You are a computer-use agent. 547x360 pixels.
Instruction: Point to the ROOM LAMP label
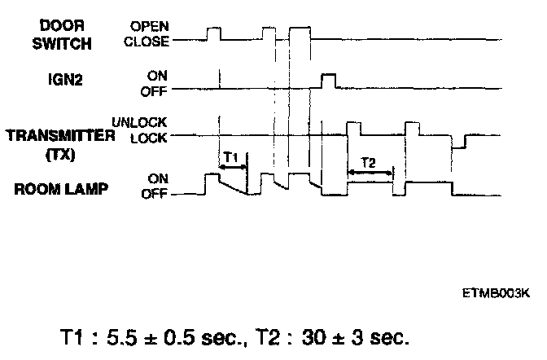(51, 189)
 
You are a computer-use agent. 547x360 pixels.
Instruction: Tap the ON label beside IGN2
(157, 74)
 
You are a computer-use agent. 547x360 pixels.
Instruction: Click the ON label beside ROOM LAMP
(157, 178)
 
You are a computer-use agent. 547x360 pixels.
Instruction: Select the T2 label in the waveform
(369, 162)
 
